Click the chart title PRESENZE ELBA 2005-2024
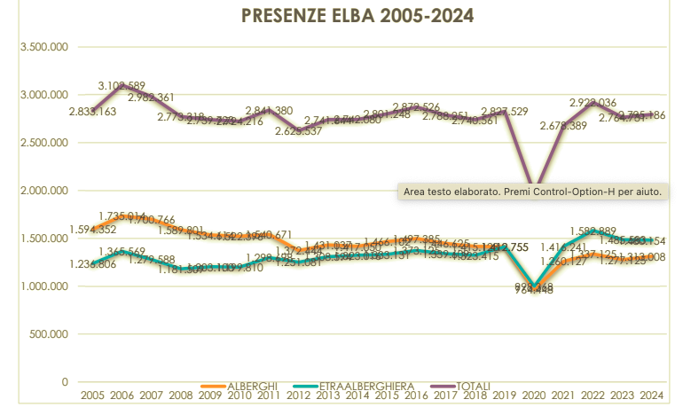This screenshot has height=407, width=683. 357,15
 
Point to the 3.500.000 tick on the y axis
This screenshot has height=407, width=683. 43,47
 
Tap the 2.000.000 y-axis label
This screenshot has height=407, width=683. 43,191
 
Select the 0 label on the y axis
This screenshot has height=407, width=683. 65,382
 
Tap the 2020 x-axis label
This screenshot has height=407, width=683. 534,395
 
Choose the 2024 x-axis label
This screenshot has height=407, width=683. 652,395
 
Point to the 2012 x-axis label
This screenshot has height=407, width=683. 297,395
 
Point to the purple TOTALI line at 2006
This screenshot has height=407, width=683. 121,83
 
